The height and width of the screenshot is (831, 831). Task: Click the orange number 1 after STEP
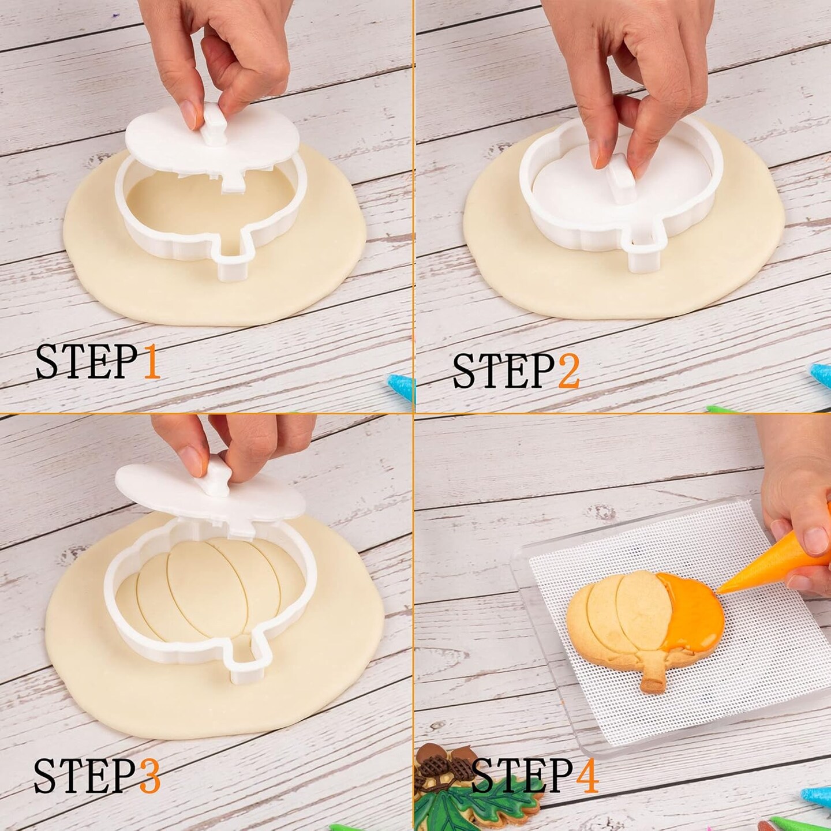click(x=151, y=362)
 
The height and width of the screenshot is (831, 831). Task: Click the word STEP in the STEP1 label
click(x=88, y=362)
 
